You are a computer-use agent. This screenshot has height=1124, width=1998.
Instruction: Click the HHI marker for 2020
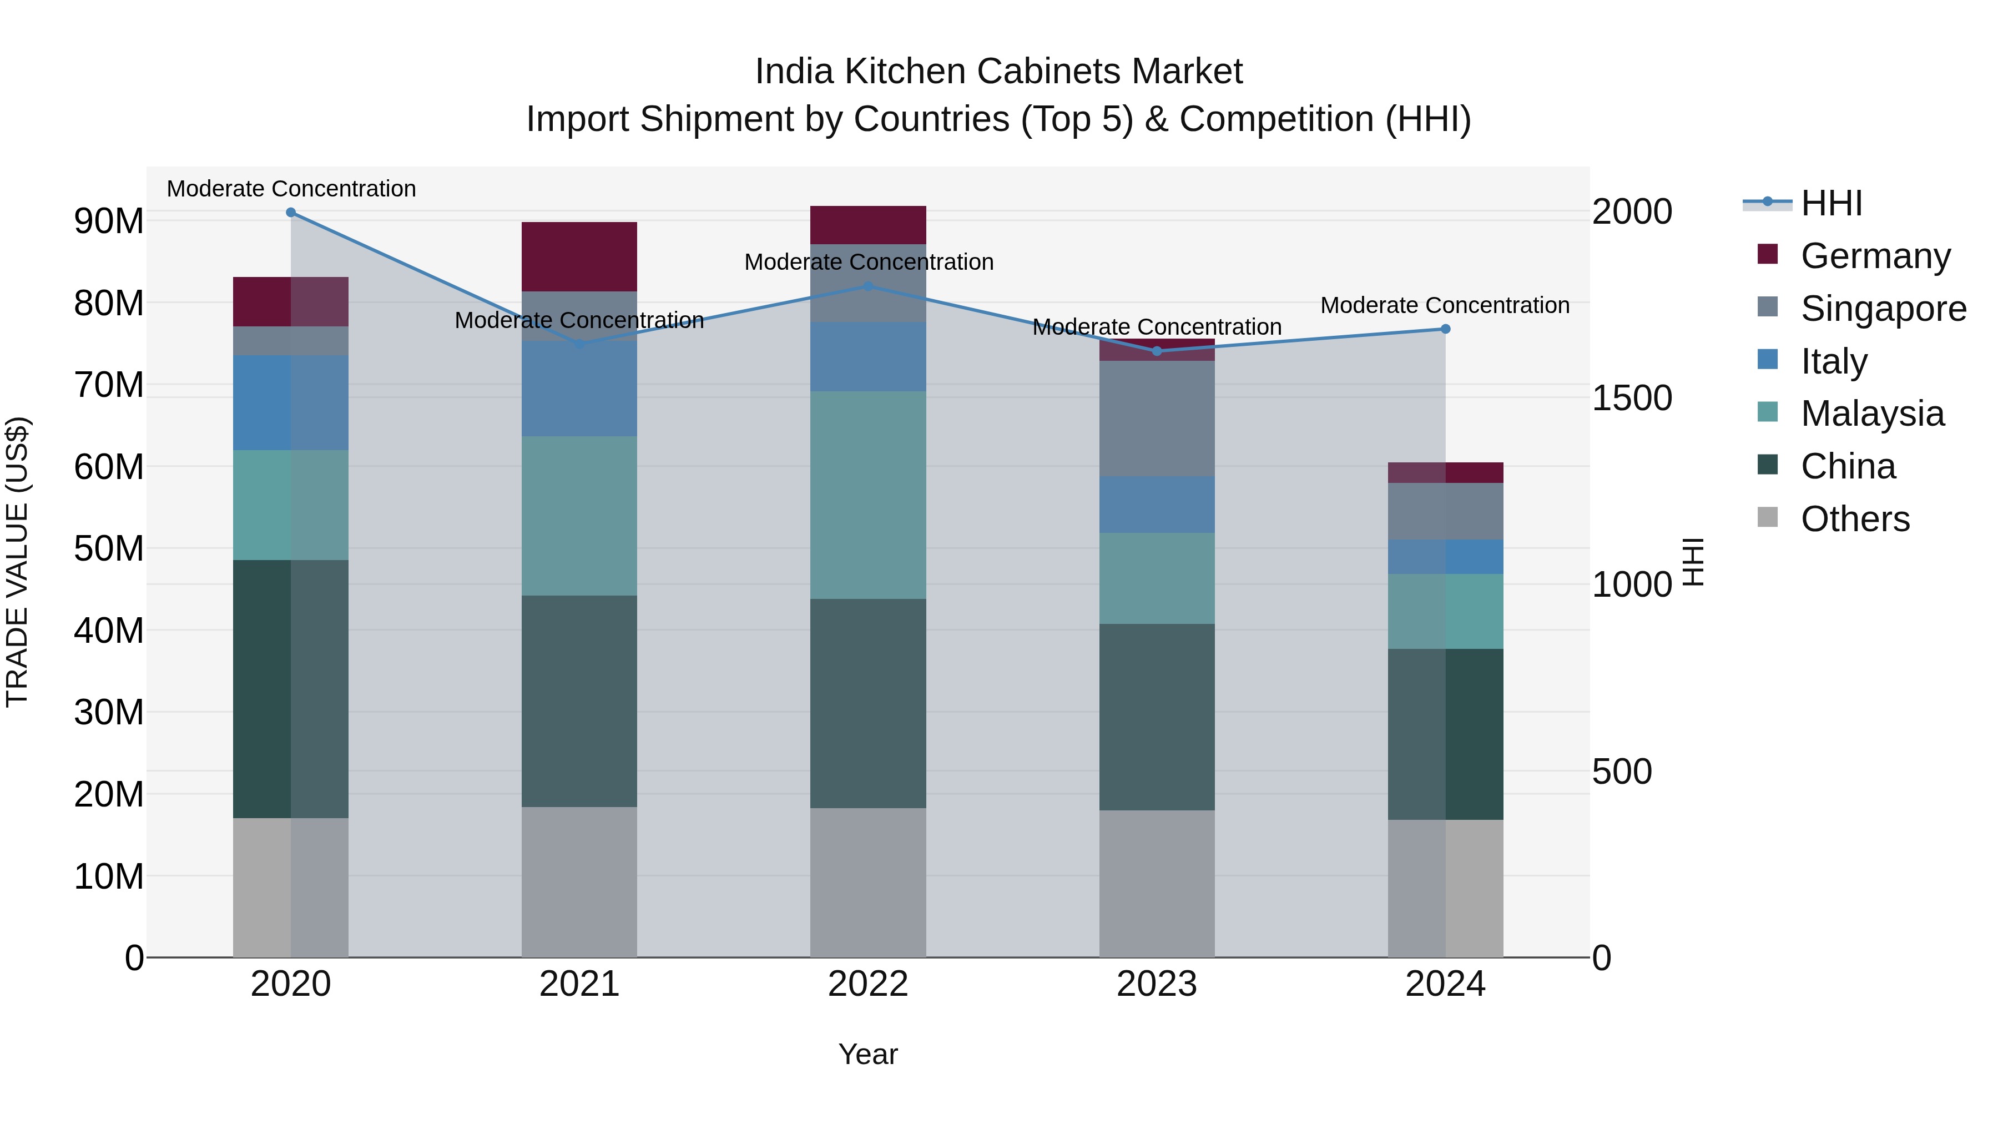[291, 213]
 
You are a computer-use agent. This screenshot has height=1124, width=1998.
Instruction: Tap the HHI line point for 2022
[869, 286]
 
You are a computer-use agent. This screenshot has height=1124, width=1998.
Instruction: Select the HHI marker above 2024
[1446, 329]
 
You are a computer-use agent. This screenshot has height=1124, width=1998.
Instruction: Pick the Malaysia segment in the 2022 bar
[869, 495]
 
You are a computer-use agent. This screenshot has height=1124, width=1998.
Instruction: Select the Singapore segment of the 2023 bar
[1157, 419]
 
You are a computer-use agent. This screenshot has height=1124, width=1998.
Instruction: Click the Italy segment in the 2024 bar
[1446, 557]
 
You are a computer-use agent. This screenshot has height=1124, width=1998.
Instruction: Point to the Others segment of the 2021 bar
[579, 882]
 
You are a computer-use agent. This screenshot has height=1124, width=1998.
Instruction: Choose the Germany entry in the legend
[1875, 256]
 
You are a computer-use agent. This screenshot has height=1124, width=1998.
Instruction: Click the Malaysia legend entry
[1871, 414]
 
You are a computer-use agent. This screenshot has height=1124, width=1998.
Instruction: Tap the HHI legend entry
[1830, 203]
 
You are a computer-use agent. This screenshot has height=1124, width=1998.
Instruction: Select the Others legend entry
[1854, 519]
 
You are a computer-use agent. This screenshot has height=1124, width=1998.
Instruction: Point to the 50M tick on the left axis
[109, 549]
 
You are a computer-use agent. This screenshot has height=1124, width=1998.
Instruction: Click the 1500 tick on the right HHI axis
[1632, 399]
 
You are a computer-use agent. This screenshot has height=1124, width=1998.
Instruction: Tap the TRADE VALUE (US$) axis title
[18, 562]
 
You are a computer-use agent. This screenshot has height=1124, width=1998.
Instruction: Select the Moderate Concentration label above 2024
[1445, 306]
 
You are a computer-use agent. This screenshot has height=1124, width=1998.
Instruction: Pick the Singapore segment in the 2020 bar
[291, 341]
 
